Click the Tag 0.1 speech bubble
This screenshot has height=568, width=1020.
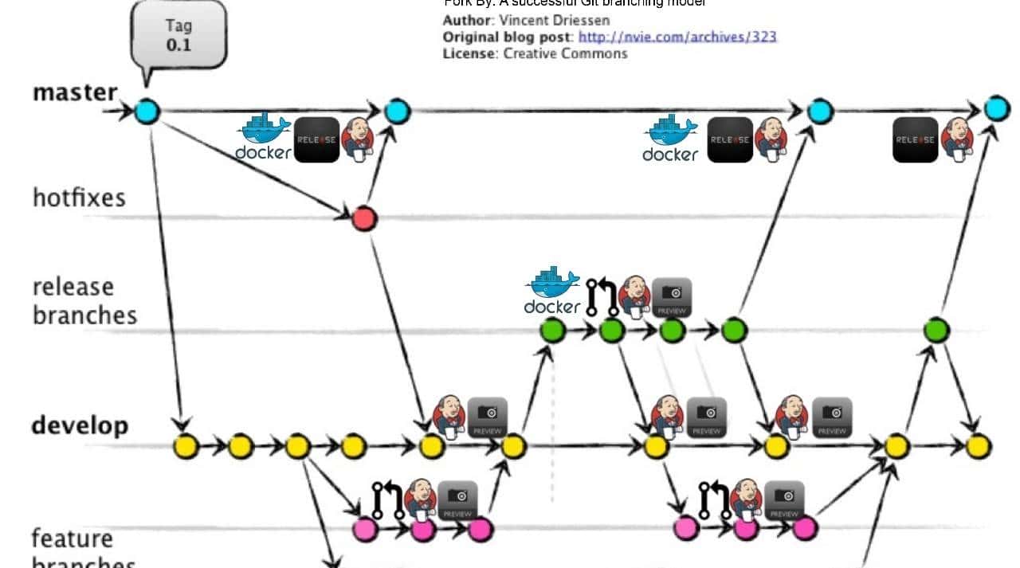[x=178, y=35]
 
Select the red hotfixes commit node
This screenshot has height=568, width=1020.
[x=363, y=217]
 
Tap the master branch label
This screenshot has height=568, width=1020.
[x=75, y=92]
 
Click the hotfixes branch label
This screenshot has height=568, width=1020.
[x=79, y=197]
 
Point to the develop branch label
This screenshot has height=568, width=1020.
[x=80, y=425]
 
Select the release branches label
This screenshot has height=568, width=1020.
[x=84, y=300]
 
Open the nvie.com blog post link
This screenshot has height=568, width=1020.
[x=677, y=37]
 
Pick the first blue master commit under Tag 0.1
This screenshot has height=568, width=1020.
[x=147, y=112]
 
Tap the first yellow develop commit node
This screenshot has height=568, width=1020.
[x=185, y=446]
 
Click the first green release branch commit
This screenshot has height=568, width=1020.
[x=552, y=329]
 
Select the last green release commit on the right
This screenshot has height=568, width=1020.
[x=937, y=329]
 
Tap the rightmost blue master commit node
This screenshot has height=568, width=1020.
[x=996, y=109]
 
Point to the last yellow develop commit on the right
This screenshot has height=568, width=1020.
[x=979, y=446]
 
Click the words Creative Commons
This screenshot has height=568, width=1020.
[x=565, y=53]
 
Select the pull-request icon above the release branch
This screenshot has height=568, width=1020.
[x=602, y=296]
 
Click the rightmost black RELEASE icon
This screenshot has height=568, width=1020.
[x=915, y=139]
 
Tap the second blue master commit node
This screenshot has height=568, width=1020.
[x=397, y=112]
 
